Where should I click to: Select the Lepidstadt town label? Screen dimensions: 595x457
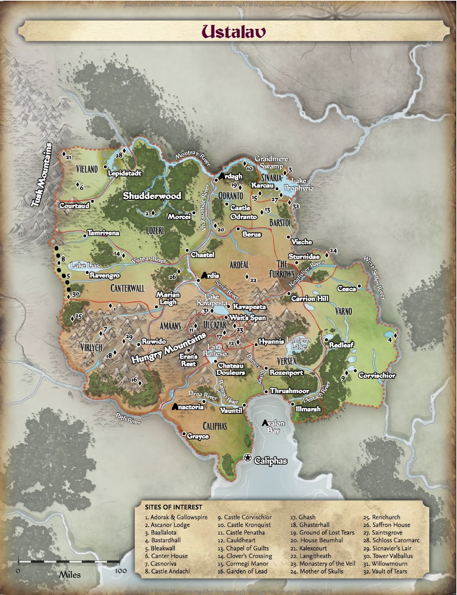coord(124,173)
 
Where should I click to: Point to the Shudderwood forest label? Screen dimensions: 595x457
coord(152,196)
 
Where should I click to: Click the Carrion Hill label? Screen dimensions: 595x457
coord(309,299)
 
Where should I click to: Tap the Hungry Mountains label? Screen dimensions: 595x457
coord(169,348)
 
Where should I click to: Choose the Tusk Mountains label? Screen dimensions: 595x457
coord(42,175)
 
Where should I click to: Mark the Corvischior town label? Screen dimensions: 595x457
coord(377,376)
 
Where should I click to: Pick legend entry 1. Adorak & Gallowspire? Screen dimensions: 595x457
coord(176,517)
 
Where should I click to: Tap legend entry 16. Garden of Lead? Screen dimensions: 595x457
coord(242,571)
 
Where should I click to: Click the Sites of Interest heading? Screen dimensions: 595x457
coord(174,507)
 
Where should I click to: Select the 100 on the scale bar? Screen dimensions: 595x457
coord(121,571)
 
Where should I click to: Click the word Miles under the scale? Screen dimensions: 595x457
coord(70,575)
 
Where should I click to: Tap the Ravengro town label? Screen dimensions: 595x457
coord(104,276)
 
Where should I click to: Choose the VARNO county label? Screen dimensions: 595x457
coord(343,311)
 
